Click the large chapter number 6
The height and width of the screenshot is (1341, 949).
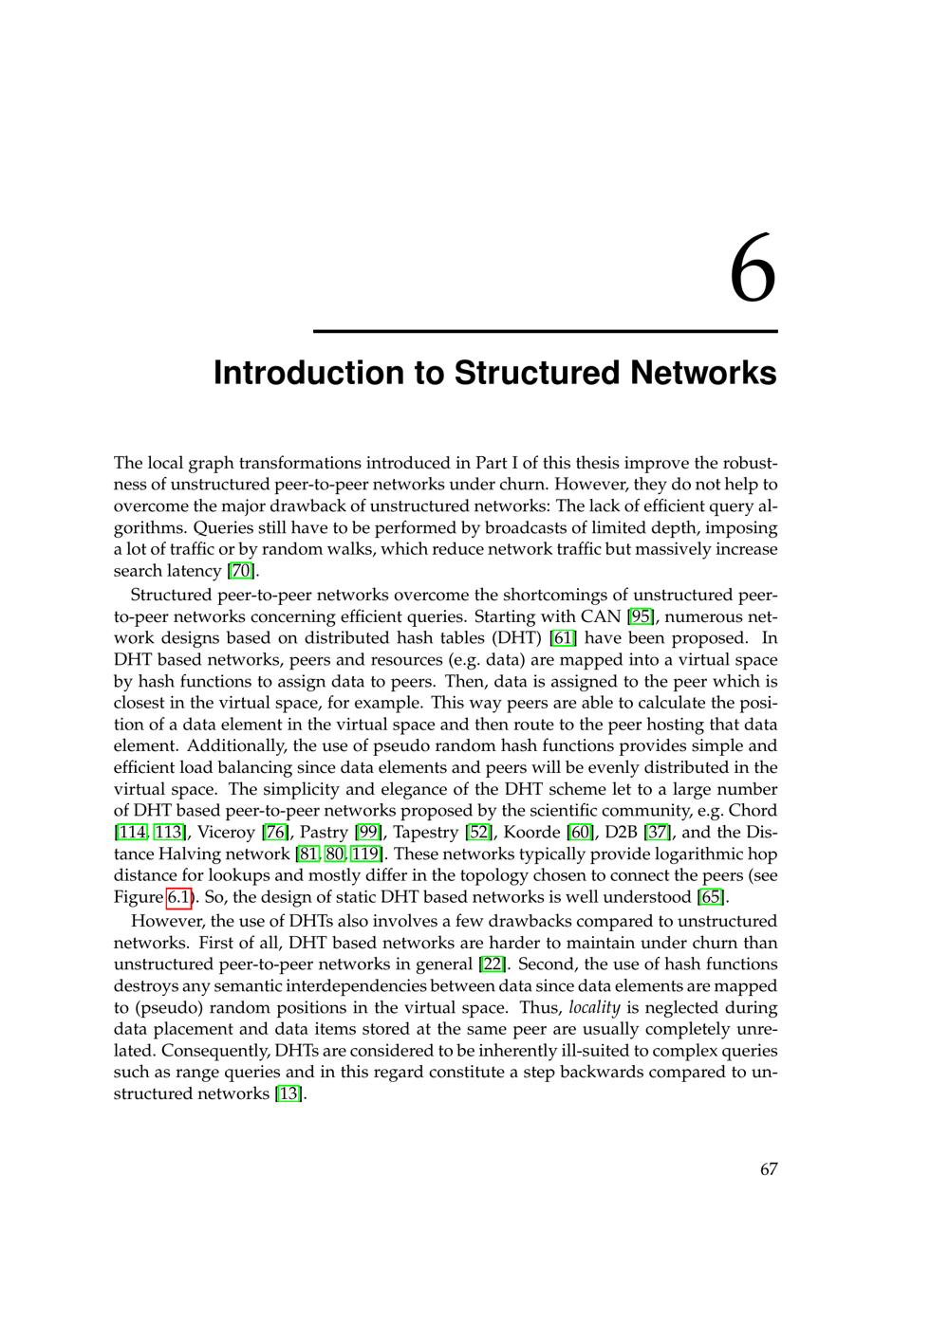point(753,270)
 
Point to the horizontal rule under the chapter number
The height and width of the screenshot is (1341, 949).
point(545,331)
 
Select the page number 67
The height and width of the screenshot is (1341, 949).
point(768,1168)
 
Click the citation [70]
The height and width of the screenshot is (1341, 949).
point(243,571)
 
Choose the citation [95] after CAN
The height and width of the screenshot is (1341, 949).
point(641,616)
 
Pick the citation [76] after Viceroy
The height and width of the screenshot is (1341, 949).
point(275,833)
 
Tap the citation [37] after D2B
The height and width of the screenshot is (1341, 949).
point(658,833)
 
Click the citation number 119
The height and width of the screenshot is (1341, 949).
point(364,854)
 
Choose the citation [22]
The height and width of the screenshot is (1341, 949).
point(493,964)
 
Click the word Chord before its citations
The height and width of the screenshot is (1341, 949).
point(752,811)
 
